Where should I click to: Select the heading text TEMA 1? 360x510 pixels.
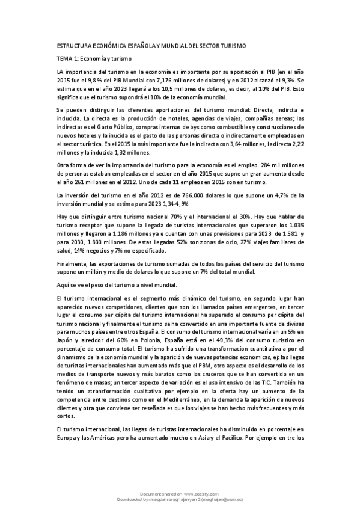click(66, 58)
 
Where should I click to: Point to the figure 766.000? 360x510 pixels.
click(163, 195)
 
